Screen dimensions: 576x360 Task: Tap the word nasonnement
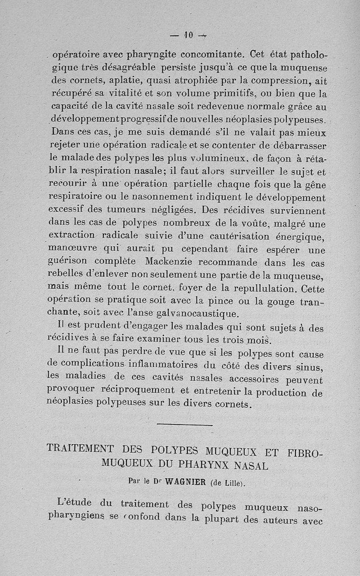[x=159, y=197]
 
